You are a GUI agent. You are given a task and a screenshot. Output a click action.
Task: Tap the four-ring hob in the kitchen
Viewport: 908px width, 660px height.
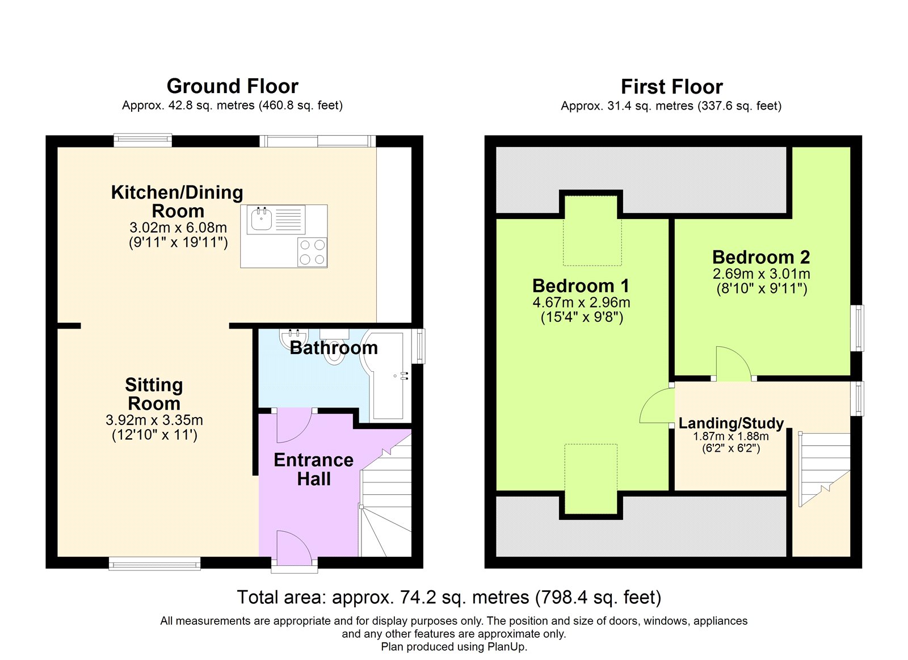click(312, 252)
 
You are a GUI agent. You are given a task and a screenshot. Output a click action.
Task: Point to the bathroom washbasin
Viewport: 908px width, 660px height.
click(294, 337)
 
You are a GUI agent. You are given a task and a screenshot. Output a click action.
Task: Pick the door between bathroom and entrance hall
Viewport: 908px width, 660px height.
click(294, 426)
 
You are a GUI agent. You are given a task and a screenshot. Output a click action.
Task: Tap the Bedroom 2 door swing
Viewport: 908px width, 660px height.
click(733, 363)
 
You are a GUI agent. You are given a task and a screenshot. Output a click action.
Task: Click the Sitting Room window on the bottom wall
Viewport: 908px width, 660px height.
click(154, 564)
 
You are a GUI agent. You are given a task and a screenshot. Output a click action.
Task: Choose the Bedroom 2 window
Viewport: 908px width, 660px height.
click(857, 328)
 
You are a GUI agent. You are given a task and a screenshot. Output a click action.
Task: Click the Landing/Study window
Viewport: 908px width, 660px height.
click(857, 398)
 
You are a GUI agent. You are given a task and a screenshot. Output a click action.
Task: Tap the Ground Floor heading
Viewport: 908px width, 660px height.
click(232, 86)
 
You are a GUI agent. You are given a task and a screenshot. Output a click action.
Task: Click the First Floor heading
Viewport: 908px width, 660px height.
click(672, 87)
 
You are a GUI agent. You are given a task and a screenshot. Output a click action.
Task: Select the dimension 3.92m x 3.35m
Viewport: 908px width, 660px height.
click(154, 420)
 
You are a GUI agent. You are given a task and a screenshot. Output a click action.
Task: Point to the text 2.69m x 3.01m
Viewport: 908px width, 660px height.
click(761, 274)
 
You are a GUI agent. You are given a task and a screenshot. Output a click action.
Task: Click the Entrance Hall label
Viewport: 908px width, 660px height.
click(314, 469)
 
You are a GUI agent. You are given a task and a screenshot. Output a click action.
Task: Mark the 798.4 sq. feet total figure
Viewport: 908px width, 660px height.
click(598, 597)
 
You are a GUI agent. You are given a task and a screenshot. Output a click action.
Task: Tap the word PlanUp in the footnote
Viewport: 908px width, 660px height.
click(507, 646)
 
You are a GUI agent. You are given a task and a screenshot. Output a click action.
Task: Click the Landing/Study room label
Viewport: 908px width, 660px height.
click(731, 423)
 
